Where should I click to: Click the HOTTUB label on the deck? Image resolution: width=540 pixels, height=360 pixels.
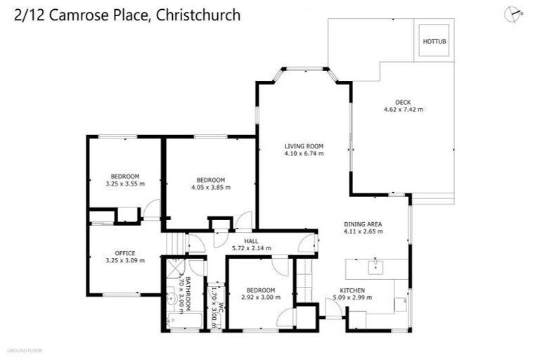435,41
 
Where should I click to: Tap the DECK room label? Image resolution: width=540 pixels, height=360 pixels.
403,102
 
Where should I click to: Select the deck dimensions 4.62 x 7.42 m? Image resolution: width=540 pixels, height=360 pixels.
403,110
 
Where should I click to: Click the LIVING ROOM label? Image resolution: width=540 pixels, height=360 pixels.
304,146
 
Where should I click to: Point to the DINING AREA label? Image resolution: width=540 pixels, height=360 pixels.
363,224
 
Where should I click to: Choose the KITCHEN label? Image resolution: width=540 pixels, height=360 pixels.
352,290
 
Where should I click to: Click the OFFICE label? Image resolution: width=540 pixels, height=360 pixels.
125,253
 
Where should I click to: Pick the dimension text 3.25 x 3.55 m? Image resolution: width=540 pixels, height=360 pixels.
125,184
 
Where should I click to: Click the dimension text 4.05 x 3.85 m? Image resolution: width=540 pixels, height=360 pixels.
211,187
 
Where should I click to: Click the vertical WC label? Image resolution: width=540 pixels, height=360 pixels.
220,307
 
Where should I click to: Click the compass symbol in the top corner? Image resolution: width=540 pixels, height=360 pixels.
513,13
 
